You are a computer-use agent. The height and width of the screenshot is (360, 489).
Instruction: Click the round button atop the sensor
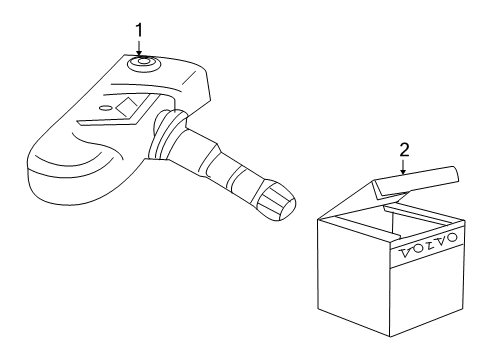pyautogui.click(x=141, y=65)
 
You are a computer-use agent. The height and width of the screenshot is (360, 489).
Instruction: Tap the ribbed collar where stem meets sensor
pyautogui.click(x=159, y=141)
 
